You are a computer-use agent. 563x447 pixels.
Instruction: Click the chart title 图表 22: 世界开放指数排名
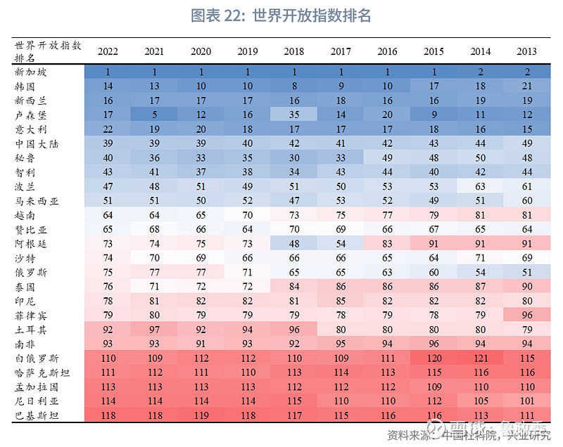tap(281, 15)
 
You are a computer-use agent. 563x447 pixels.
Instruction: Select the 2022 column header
tap(108, 51)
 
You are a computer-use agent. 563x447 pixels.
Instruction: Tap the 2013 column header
tap(526, 51)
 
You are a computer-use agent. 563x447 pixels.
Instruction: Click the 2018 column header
tap(293, 51)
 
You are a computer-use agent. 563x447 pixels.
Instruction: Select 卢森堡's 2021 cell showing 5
tap(154, 114)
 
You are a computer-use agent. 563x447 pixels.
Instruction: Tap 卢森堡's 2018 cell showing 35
tap(293, 114)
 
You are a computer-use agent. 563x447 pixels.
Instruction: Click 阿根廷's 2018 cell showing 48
tap(293, 243)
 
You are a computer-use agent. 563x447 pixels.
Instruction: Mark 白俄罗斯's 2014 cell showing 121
tap(479, 358)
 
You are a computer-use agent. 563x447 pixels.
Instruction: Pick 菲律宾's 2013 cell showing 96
tap(526, 315)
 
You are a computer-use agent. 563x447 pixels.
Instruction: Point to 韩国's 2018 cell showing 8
tap(293, 86)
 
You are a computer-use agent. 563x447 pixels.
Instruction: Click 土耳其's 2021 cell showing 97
tap(154, 329)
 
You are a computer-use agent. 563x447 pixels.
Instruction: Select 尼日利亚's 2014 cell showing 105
tap(479, 401)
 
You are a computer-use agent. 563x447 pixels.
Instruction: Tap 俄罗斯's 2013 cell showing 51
tap(526, 272)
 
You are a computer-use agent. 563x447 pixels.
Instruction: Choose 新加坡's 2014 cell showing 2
tap(479, 71)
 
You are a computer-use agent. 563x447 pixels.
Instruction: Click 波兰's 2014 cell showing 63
tap(479, 186)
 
